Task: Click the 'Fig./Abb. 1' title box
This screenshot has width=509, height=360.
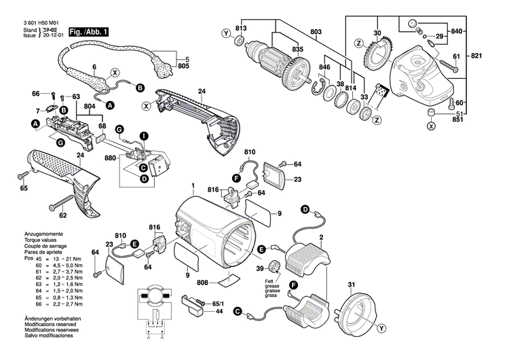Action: [88, 32]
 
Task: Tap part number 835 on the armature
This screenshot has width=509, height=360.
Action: [279, 50]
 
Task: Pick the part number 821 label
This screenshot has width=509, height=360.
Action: [495, 55]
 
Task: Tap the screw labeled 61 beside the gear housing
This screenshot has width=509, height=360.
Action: [449, 67]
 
